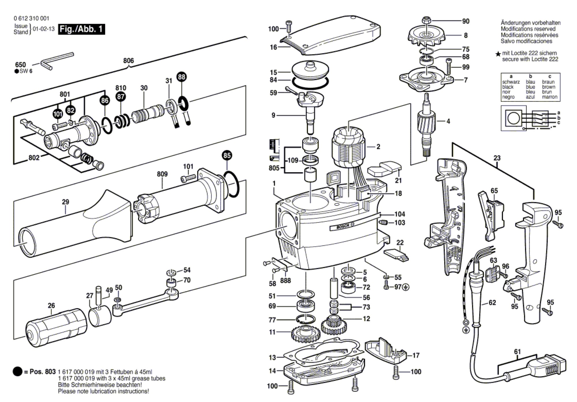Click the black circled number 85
(227, 155)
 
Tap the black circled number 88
(181, 77)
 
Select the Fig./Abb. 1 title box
(81, 29)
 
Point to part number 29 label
(65, 202)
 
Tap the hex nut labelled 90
(426, 21)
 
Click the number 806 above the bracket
(128, 61)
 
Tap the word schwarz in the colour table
(511, 82)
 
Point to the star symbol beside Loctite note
(498, 54)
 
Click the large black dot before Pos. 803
(18, 371)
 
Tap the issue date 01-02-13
(44, 29)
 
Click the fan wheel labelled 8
(427, 36)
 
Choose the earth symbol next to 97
(406, 287)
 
